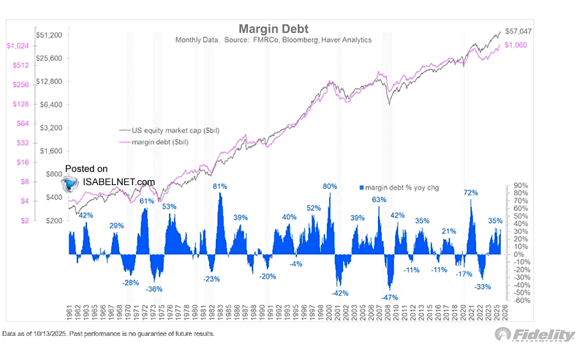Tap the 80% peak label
(330, 186)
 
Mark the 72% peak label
(470, 192)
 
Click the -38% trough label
(154, 289)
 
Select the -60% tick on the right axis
(521, 300)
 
